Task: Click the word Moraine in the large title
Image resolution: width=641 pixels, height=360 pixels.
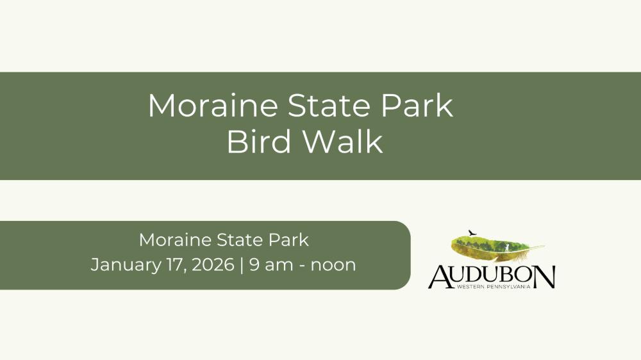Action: tap(213, 106)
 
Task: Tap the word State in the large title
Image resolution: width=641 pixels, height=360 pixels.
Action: tap(329, 106)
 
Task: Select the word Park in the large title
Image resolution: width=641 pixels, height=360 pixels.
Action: tap(417, 106)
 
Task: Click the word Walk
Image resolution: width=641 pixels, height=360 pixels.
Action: tap(342, 142)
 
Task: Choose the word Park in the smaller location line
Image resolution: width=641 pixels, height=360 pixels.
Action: tap(288, 240)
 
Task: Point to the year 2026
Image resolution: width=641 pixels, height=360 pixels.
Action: tap(213, 265)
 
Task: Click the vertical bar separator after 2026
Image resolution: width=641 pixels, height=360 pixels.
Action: tap(242, 265)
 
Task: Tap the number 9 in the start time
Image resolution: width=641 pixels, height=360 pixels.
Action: tap(254, 265)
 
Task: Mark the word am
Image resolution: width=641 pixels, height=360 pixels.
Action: tap(279, 266)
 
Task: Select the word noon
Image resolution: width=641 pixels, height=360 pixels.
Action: tap(333, 266)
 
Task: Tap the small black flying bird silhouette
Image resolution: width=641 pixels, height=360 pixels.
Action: tap(472, 233)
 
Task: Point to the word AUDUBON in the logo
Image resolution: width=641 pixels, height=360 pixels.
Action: tap(492, 277)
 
